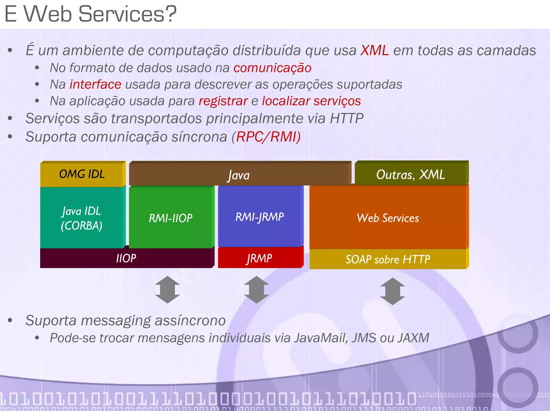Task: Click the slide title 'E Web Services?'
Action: tap(91, 14)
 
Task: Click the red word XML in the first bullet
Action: tap(374, 50)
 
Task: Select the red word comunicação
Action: tap(272, 68)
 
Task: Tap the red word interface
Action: tap(95, 85)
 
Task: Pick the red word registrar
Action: tap(223, 101)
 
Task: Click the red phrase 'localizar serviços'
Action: tap(311, 101)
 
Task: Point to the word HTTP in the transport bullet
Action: tap(346, 119)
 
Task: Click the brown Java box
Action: tap(239, 175)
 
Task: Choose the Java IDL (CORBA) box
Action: tap(82, 218)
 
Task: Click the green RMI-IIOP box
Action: tap(171, 218)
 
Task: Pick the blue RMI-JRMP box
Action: tap(259, 217)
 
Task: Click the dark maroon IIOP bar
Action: tap(126, 258)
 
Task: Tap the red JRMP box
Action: tap(259, 258)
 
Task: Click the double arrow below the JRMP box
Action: tap(256, 290)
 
